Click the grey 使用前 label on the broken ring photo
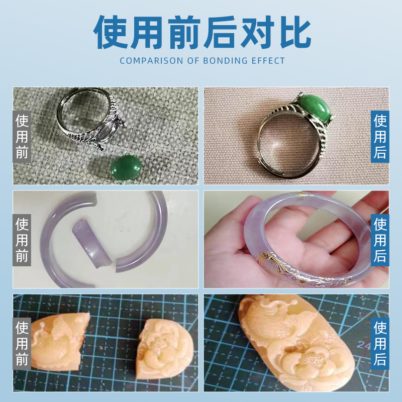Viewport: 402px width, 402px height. [22, 136]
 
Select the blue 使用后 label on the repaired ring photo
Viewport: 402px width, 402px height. [380, 136]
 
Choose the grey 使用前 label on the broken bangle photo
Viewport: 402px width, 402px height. [22, 239]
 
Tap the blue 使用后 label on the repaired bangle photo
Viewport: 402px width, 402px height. [380, 239]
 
